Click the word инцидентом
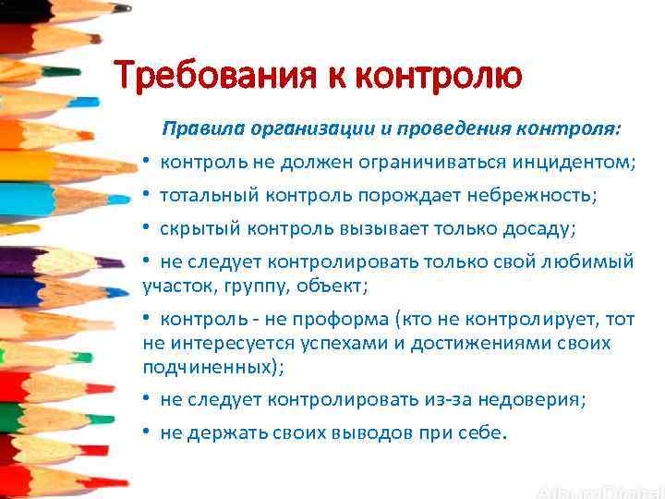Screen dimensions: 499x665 [x=571, y=163]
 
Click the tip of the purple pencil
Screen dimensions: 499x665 [x=121, y=262]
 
